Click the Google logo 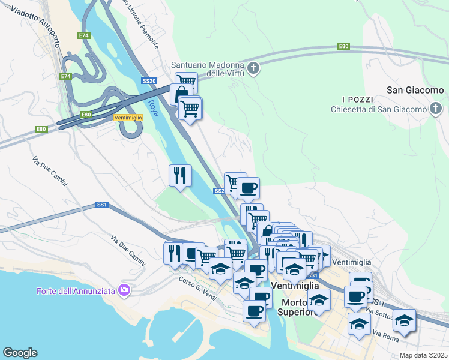click(x=20, y=353)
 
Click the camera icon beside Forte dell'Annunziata click(x=124, y=290)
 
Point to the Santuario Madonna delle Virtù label click(x=207, y=69)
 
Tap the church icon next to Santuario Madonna click(x=253, y=68)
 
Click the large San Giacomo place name click(x=415, y=91)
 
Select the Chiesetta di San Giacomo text click(x=378, y=109)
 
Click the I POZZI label click(x=358, y=99)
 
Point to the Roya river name click(x=153, y=109)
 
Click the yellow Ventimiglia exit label click(x=128, y=118)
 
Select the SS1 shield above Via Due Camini click(x=101, y=205)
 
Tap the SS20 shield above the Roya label click(x=149, y=81)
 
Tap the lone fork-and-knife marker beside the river click(x=180, y=176)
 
